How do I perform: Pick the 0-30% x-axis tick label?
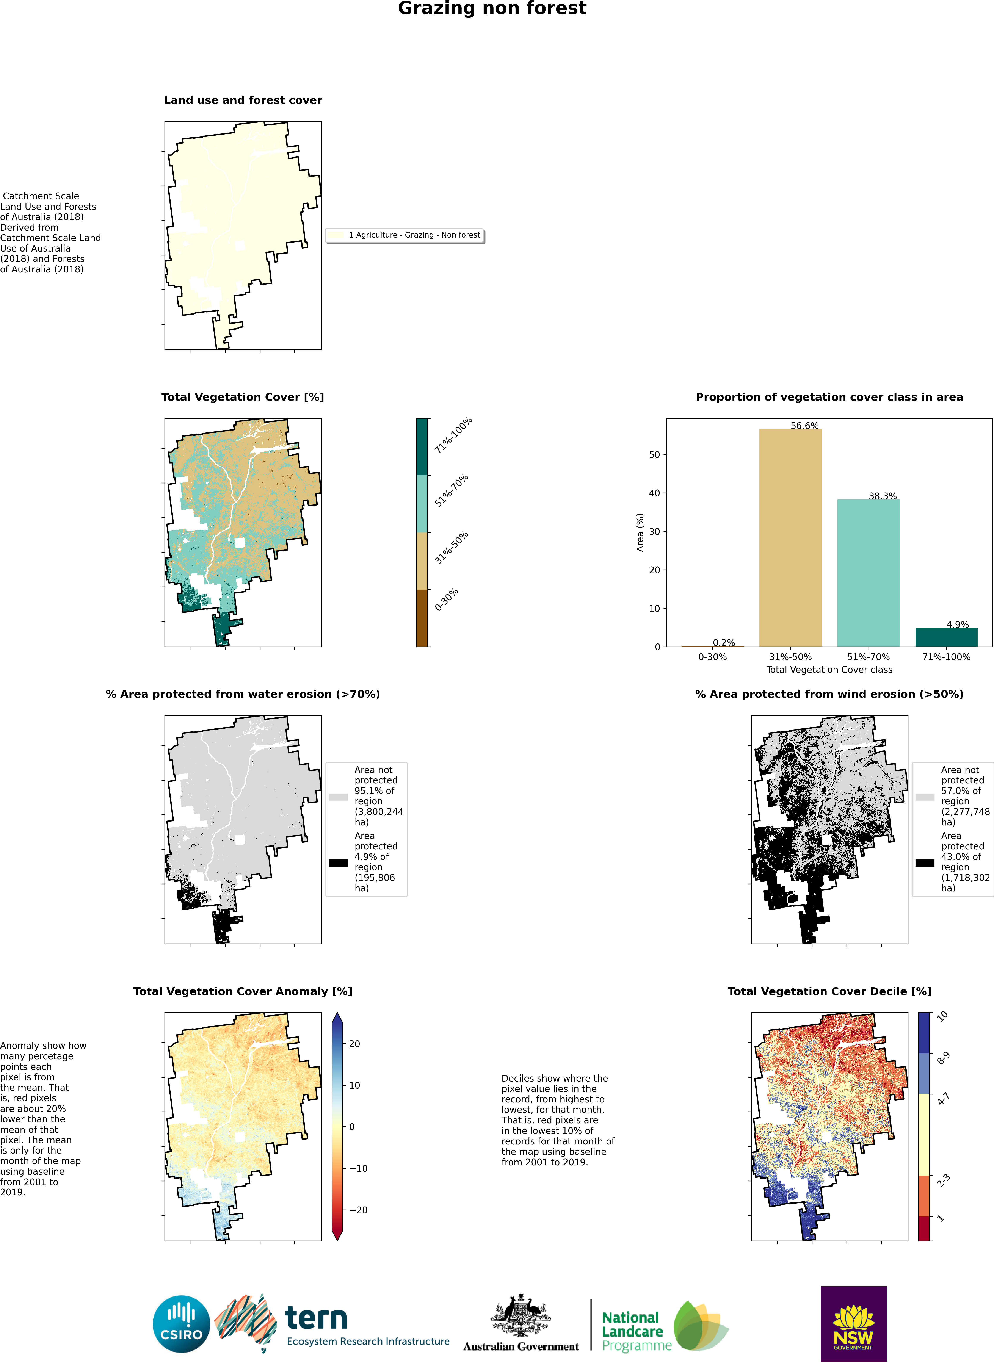click(712, 657)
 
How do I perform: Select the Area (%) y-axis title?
click(640, 532)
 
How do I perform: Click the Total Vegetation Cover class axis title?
click(829, 670)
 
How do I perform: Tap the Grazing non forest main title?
click(492, 8)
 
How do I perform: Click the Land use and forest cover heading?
click(243, 100)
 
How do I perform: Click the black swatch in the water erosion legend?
click(338, 863)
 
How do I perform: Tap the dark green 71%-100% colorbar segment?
click(422, 446)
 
